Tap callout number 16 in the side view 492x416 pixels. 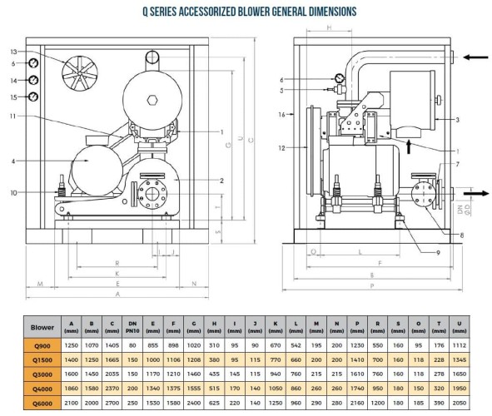coord(283,114)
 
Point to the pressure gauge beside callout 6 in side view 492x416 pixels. coord(339,78)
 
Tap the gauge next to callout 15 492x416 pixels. coord(32,97)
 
